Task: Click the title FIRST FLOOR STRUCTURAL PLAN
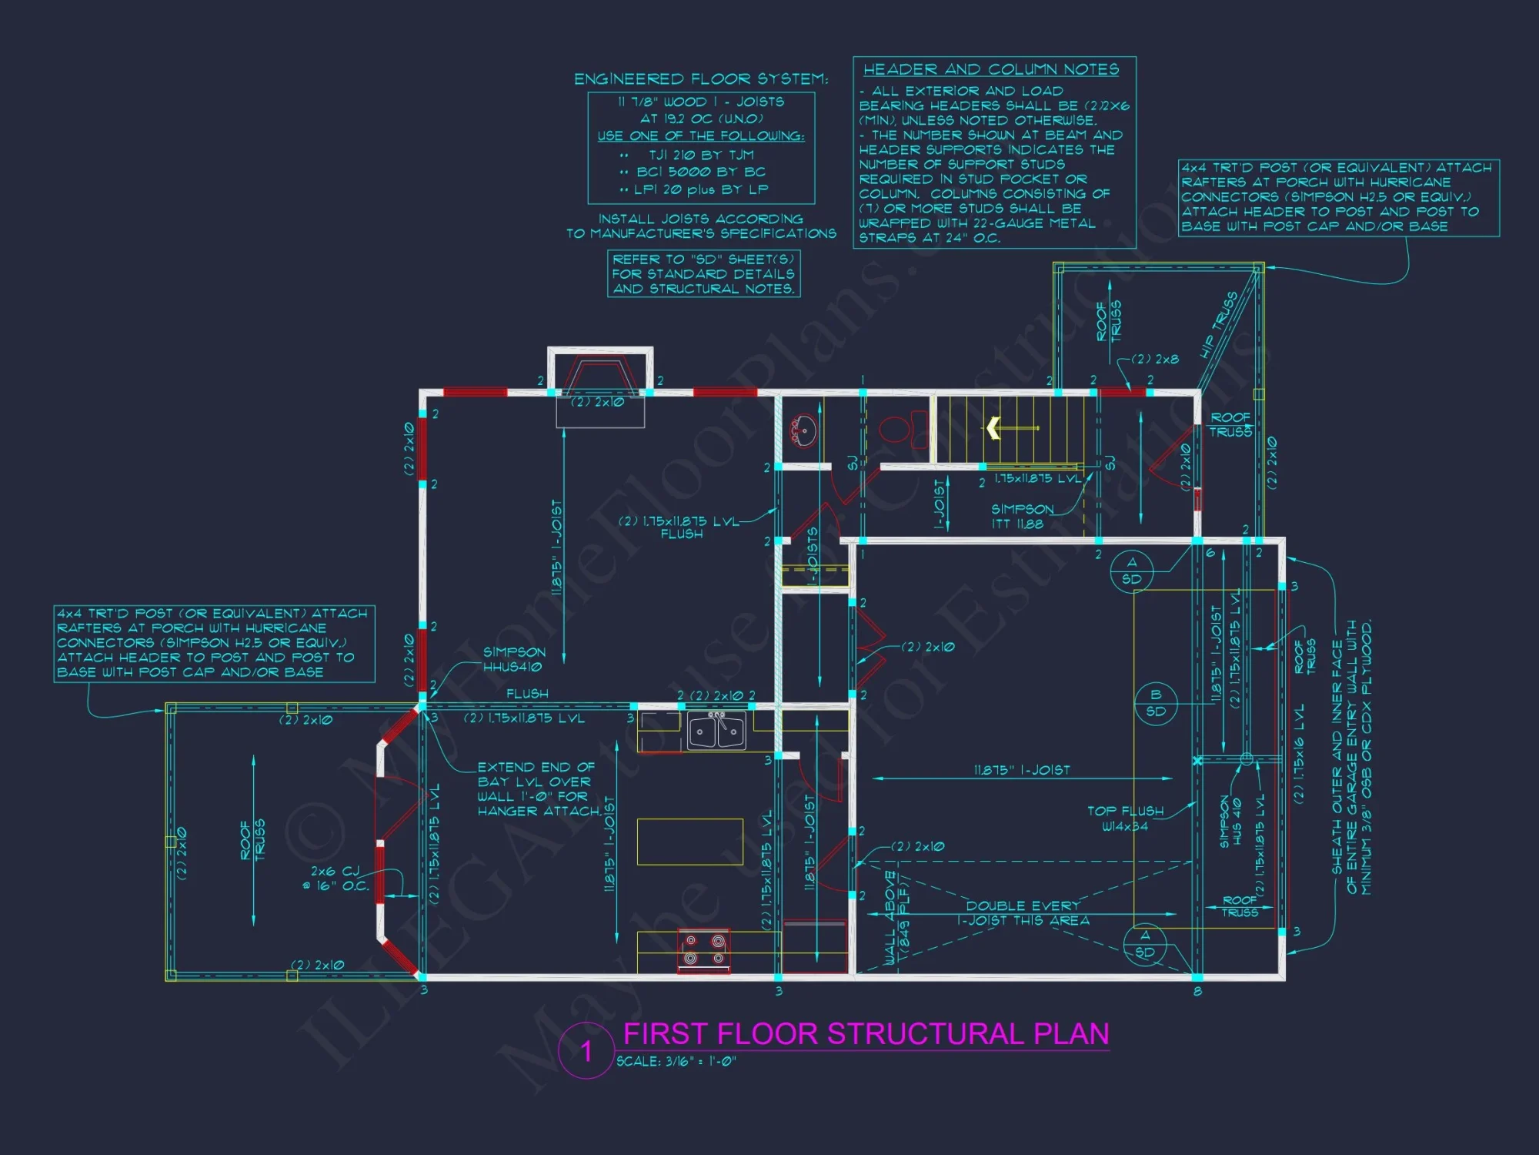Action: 866,1033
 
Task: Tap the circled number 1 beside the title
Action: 586,1051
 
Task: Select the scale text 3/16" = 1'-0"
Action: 677,1061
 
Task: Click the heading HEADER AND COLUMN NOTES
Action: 991,69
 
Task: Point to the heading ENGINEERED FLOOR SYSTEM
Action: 701,79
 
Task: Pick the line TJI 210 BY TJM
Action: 701,155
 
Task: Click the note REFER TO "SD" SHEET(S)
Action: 703,259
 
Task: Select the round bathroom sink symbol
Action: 804,430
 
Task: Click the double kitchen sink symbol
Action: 716,731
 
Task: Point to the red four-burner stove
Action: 704,950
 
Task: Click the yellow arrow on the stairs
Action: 994,427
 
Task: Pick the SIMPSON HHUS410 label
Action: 513,659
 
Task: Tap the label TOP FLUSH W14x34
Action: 1125,819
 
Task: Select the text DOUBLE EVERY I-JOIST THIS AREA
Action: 1023,913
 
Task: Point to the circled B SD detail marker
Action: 1155,703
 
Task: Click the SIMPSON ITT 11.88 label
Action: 1020,517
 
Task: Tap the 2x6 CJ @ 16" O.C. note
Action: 339,878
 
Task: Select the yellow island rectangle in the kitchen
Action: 689,842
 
